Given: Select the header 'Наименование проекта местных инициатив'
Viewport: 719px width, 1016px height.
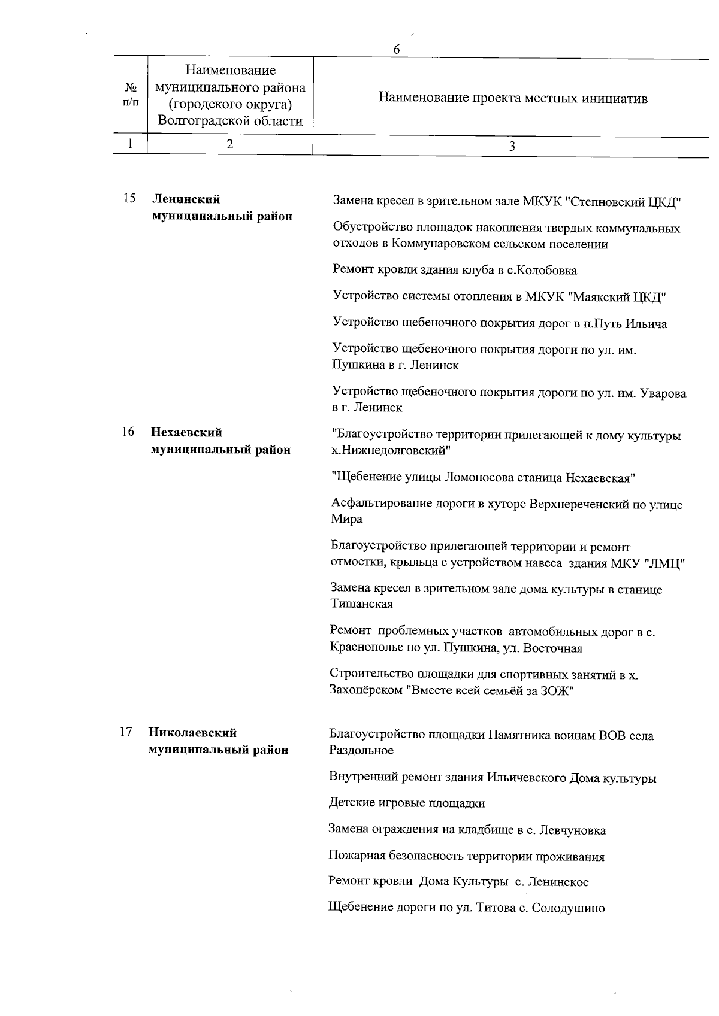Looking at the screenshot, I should point(513,98).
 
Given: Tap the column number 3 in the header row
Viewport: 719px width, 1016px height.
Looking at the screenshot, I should point(512,146).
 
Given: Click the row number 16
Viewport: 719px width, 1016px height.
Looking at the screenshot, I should point(128,432).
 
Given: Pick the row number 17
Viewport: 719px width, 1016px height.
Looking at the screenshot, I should point(125,732).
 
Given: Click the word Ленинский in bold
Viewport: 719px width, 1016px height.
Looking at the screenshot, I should point(186,199).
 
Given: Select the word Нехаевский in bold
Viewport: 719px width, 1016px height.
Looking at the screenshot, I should point(186,432).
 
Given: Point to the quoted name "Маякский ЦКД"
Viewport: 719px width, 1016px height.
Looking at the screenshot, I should point(617,298).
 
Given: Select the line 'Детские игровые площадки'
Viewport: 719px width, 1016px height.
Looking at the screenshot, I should point(407,803).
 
